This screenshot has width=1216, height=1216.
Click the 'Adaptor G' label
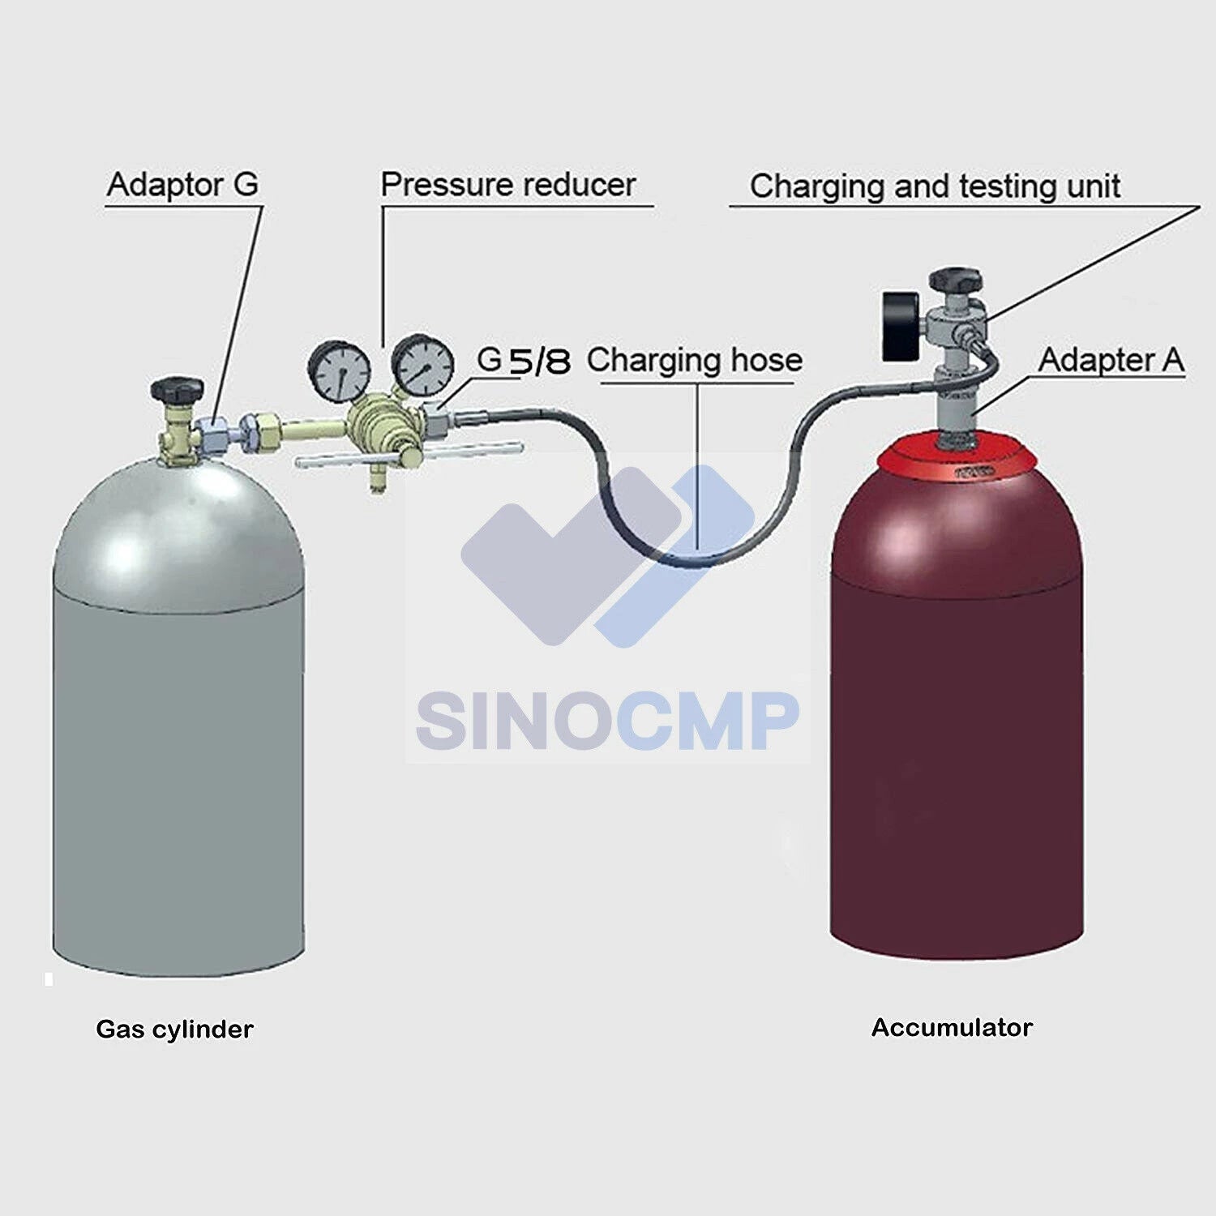point(183,185)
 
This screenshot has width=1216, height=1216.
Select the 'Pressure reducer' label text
point(508,185)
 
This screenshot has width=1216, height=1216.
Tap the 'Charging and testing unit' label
point(935,186)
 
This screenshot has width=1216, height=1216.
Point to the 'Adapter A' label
point(1111,360)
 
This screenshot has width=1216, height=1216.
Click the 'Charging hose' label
point(695,360)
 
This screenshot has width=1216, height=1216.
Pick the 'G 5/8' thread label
point(524,360)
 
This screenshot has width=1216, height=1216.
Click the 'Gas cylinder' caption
point(174,1030)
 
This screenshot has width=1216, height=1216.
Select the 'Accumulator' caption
point(952,1028)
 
